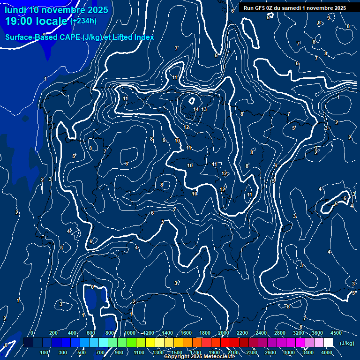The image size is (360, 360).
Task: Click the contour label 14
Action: (x=196, y=109)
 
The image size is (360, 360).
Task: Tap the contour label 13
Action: (x=204, y=109)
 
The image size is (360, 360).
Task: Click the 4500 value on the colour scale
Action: (x=336, y=333)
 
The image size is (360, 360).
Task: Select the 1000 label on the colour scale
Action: (x=130, y=333)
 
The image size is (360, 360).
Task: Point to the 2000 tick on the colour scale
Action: (x=224, y=333)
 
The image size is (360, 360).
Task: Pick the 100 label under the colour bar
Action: (x=45, y=352)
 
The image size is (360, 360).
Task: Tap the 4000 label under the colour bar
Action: (x=327, y=352)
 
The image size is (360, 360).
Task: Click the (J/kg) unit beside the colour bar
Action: (x=347, y=343)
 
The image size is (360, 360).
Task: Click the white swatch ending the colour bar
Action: (x=328, y=343)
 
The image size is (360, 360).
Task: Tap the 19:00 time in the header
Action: (x=21, y=22)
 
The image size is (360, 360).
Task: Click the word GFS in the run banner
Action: (x=261, y=8)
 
